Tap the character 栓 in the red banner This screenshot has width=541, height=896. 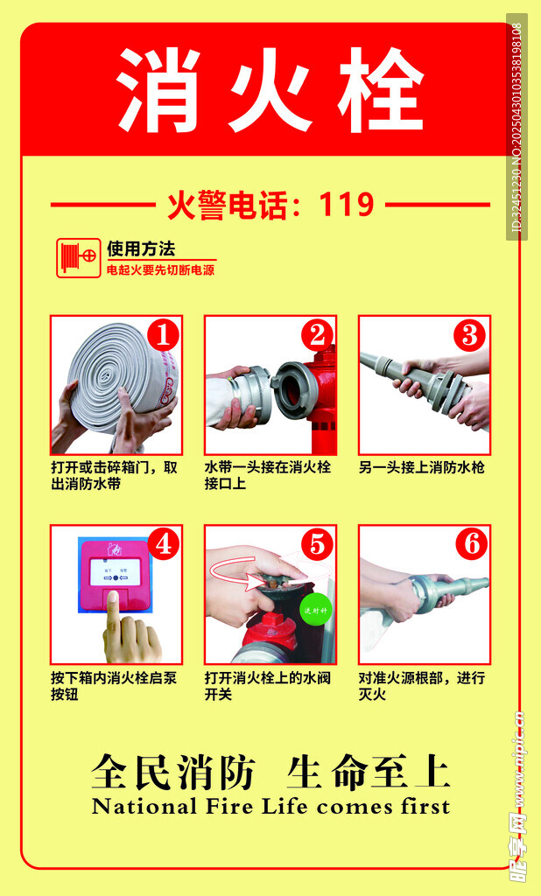[x=380, y=90]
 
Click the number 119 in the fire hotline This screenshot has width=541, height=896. [x=347, y=204]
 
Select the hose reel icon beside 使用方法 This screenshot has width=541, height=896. [x=78, y=258]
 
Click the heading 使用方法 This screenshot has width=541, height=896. [x=141, y=249]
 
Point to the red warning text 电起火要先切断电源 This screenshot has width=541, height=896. [x=161, y=269]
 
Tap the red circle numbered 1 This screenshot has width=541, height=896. [x=163, y=335]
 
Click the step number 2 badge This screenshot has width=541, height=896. [x=318, y=335]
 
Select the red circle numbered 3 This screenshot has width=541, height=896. [x=470, y=335]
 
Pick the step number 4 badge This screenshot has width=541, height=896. [x=164, y=544]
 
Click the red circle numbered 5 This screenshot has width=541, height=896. [x=318, y=544]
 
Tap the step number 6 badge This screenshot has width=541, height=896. [x=472, y=544]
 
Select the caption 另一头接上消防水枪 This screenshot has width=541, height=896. [x=421, y=467]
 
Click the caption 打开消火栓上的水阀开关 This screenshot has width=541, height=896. [x=268, y=686]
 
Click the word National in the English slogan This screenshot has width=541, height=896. [x=144, y=806]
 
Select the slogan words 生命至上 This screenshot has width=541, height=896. [x=369, y=772]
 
